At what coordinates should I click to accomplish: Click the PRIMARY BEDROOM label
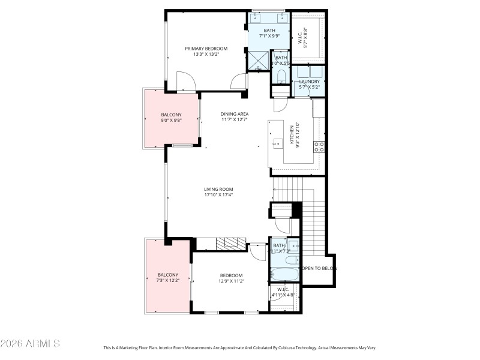pyautogui.click(x=206, y=49)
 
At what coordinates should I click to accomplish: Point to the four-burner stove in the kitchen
pyautogui.click(x=319, y=146)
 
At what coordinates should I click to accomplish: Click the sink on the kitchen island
pyautogui.click(x=278, y=143)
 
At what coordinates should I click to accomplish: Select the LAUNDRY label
pyautogui.click(x=309, y=82)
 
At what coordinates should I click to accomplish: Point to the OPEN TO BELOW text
pyautogui.click(x=319, y=268)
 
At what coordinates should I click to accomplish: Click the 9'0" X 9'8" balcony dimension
pyautogui.click(x=171, y=120)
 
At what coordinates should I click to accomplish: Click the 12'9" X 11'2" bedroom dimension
pyautogui.click(x=230, y=281)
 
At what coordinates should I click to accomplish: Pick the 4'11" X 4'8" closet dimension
pyautogui.click(x=283, y=295)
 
